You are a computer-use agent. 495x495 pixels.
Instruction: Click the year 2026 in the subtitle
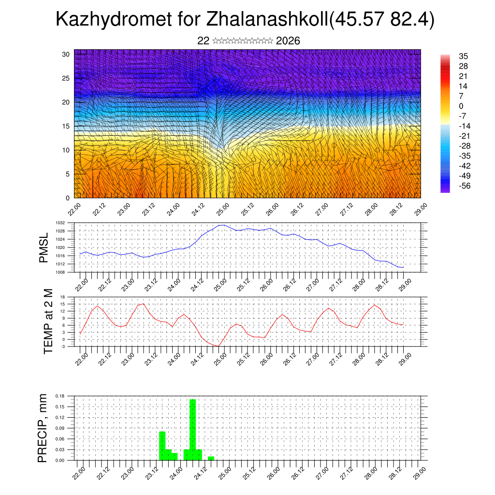[x=288, y=41]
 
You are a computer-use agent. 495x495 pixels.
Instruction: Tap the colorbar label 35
[x=463, y=57]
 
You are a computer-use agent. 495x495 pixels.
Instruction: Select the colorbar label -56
[x=466, y=186]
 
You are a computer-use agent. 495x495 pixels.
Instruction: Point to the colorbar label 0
[x=461, y=106]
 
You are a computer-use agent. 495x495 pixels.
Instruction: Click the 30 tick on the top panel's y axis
[x=65, y=54]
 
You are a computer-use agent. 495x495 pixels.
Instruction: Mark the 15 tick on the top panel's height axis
[x=65, y=126]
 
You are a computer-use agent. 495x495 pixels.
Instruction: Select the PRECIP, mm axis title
[x=43, y=428]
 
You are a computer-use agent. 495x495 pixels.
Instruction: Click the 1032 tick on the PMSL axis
[x=60, y=223]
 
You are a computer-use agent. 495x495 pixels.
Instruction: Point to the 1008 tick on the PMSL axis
[x=60, y=272]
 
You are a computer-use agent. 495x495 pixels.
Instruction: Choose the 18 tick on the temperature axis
[x=62, y=296]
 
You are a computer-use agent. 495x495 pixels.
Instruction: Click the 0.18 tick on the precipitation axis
[x=59, y=395]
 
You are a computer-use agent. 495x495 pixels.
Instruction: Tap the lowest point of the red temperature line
[x=218, y=346]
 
